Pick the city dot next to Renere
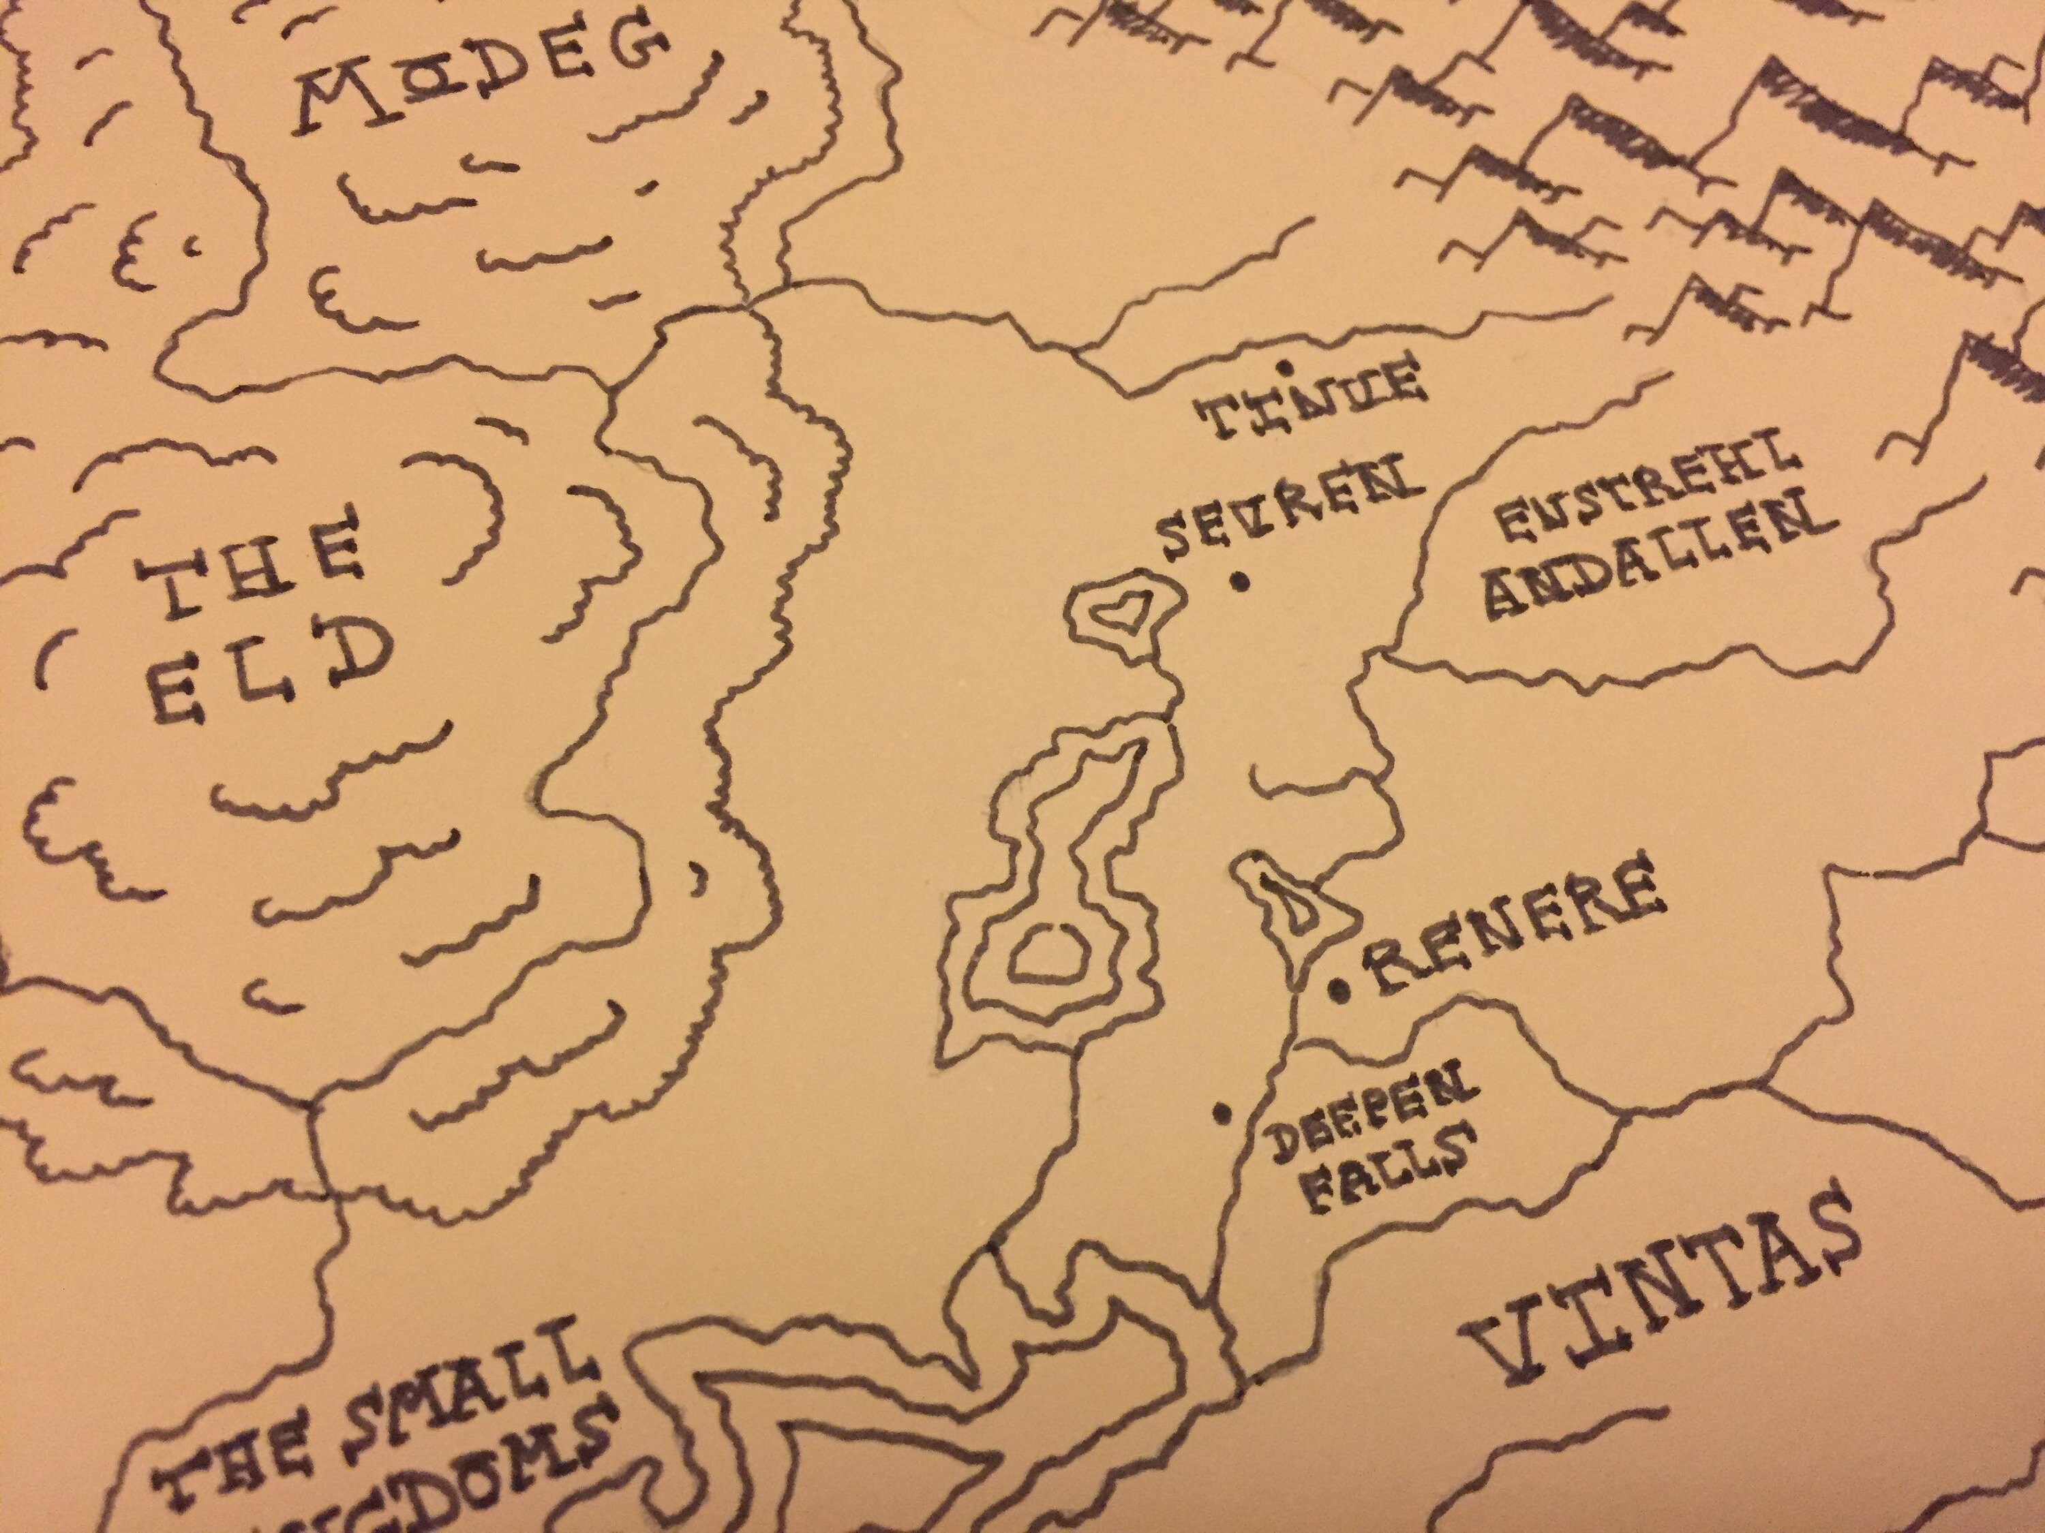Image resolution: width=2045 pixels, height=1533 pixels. click(1337, 991)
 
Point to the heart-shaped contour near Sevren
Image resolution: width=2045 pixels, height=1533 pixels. click(1121, 609)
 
